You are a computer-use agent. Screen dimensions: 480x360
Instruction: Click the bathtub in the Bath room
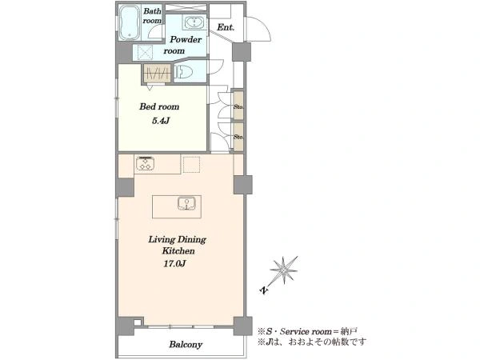pyautogui.click(x=130, y=22)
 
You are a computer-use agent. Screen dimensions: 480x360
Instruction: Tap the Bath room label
pyautogui.click(x=152, y=16)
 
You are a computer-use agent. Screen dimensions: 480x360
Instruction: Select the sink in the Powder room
pyautogui.click(x=193, y=22)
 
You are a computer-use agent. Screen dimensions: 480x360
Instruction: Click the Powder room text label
pyautogui.click(x=182, y=45)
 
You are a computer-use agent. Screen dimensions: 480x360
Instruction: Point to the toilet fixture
pyautogui.click(x=183, y=72)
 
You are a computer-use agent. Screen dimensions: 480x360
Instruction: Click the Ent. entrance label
pyautogui.click(x=226, y=27)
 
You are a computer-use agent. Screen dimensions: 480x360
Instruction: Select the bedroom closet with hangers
pyautogui.click(x=157, y=73)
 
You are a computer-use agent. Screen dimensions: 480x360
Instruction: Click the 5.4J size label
pyautogui.click(x=161, y=121)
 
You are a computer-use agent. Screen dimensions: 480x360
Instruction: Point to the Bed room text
pyautogui.click(x=159, y=106)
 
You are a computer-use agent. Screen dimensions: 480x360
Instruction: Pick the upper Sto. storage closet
pyautogui.click(x=238, y=106)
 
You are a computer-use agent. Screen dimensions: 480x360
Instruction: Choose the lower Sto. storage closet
pyautogui.click(x=238, y=137)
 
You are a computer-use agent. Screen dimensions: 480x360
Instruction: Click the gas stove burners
pyautogui.click(x=145, y=163)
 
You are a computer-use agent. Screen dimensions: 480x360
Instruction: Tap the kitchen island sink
pyautogui.click(x=186, y=203)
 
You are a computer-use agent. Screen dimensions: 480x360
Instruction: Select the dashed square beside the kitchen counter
pyautogui.click(x=192, y=164)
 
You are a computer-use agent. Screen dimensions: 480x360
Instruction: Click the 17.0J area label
pyautogui.click(x=174, y=263)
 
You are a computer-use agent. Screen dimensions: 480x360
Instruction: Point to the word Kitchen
pyautogui.click(x=178, y=251)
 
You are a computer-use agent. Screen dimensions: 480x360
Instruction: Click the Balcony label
pyautogui.click(x=186, y=345)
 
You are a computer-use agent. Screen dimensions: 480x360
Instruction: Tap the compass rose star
pyautogui.click(x=284, y=270)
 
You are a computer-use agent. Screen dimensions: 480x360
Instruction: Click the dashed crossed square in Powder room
pyautogui.click(x=145, y=52)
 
